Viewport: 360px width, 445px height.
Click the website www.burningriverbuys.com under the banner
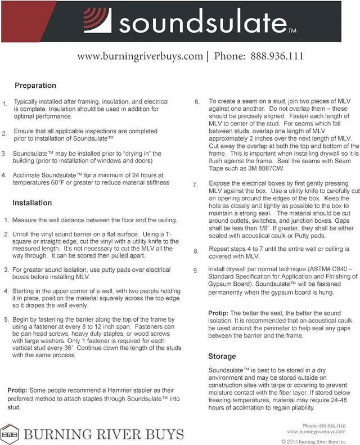(139, 56)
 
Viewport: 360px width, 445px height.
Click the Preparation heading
(35, 86)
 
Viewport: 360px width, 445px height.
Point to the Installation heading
(32, 203)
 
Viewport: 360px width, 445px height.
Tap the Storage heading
(222, 357)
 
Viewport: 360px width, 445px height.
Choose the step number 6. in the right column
(197, 102)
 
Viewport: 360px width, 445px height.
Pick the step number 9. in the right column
(196, 271)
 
